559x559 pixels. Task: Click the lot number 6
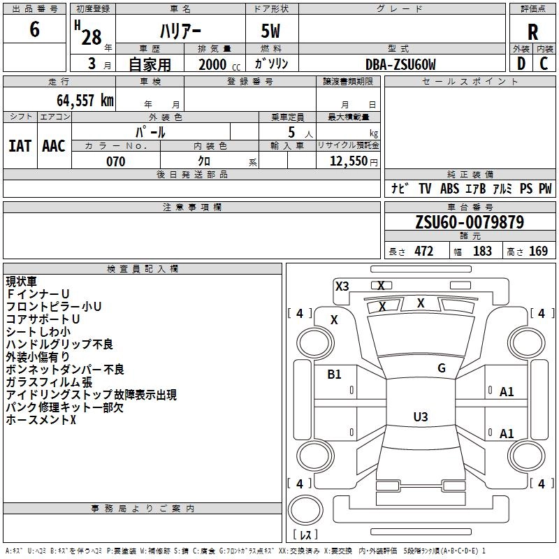[34, 29]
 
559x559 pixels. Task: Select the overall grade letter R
[532, 32]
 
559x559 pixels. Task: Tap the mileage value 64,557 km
[85, 100]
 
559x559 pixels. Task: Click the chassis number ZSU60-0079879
[470, 222]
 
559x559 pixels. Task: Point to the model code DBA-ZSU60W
[400, 64]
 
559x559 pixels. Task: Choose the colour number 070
[116, 161]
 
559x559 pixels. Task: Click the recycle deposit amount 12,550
[348, 161]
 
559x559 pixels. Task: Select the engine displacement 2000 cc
[219, 64]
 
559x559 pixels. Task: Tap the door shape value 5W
[270, 31]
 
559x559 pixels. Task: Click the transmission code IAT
[20, 146]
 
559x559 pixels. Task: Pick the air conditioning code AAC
[54, 146]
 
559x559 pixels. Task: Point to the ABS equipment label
[449, 189]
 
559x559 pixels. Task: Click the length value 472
[424, 251]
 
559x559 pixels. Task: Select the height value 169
[538, 251]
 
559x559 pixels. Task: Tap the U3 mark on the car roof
[421, 416]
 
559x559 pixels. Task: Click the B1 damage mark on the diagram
[334, 375]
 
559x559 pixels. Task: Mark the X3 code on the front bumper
[342, 286]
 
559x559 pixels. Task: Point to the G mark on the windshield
[442, 368]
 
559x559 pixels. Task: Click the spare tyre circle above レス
[305, 510]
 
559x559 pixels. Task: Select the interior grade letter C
[544, 64]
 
